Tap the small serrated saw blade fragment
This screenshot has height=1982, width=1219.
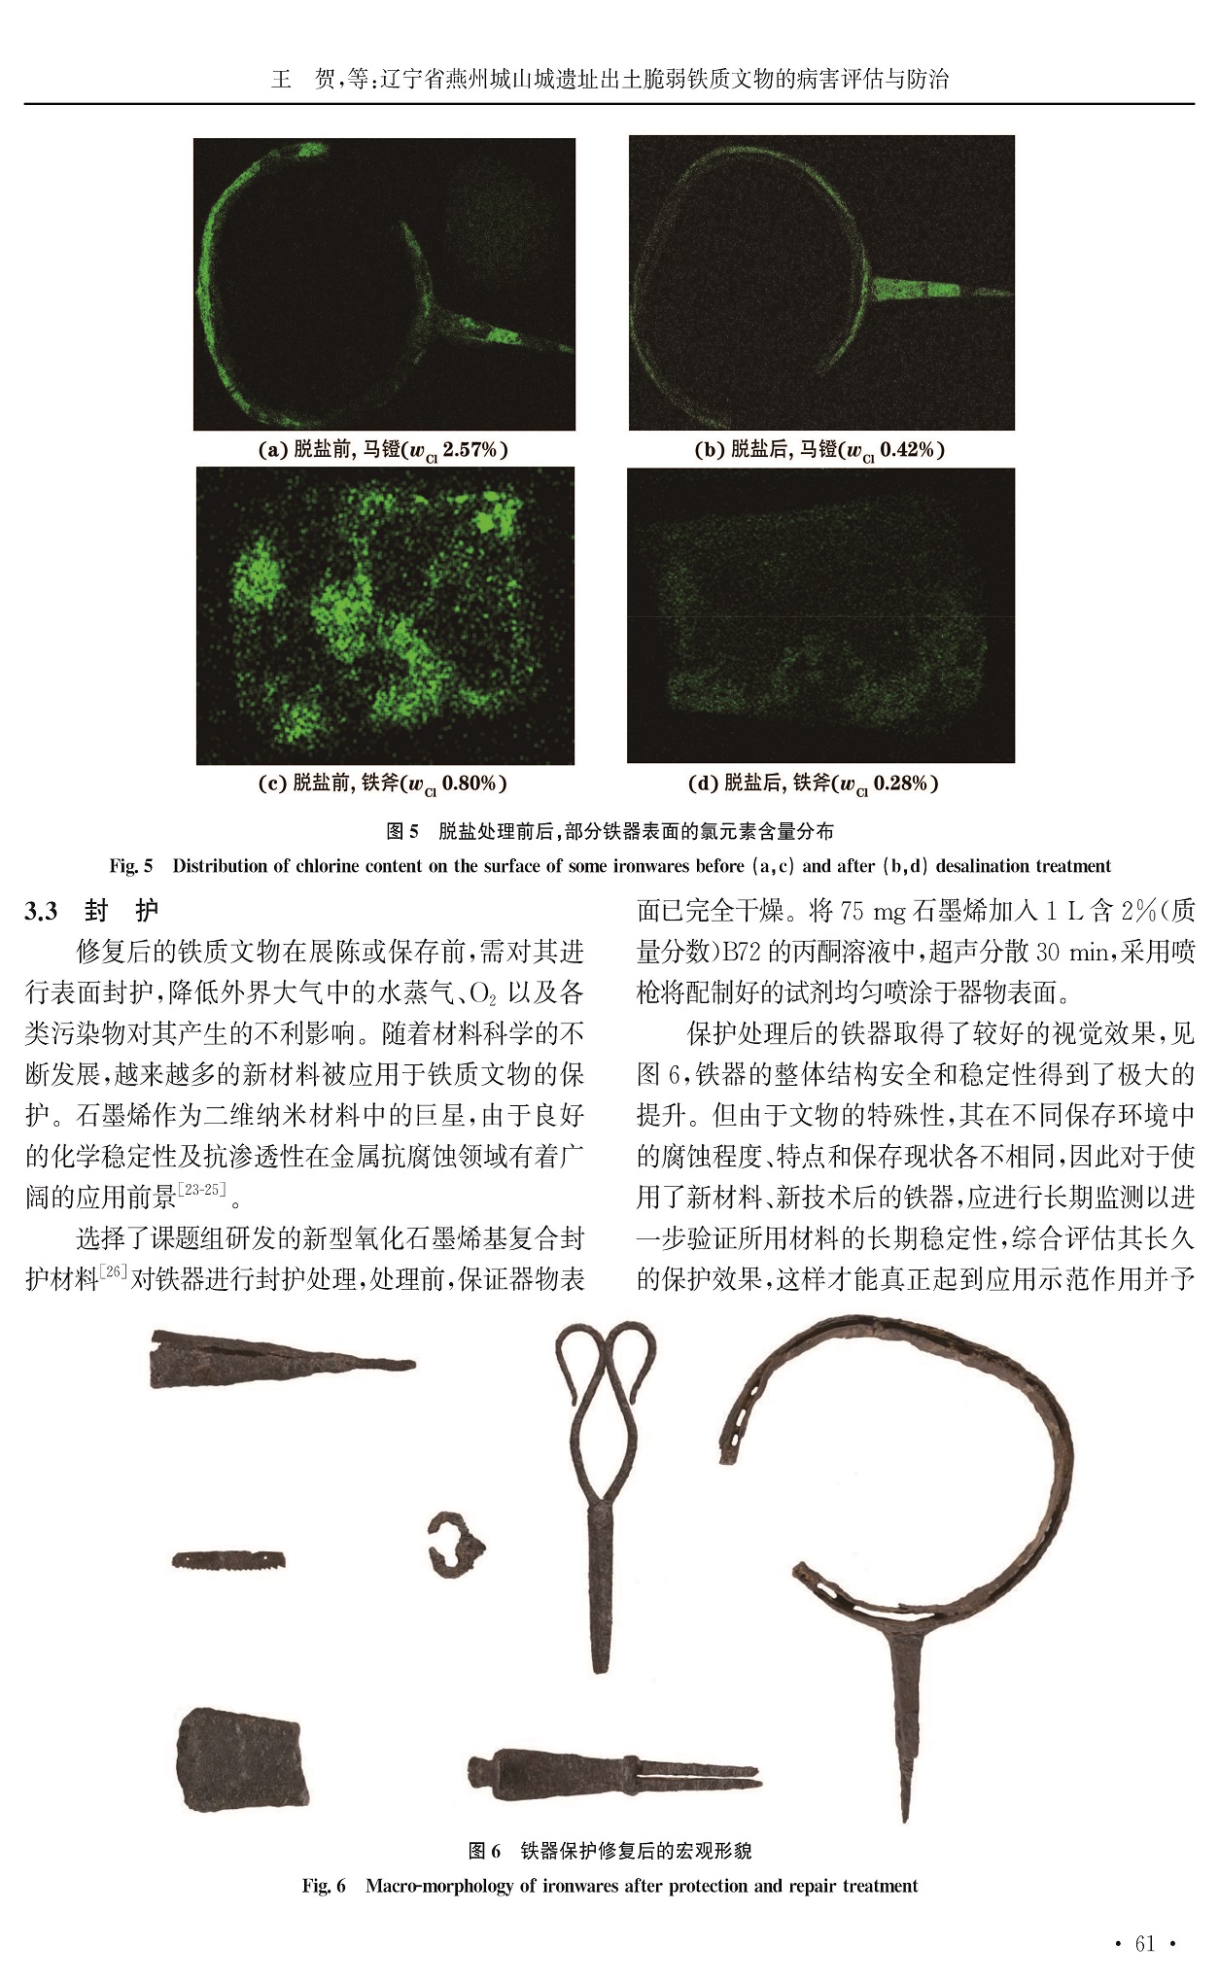(x=229, y=1559)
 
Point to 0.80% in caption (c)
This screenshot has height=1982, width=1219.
(x=470, y=783)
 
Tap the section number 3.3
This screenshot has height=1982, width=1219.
(x=41, y=911)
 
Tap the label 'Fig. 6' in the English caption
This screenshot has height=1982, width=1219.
(x=324, y=1887)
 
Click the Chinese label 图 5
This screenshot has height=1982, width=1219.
(x=402, y=831)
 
